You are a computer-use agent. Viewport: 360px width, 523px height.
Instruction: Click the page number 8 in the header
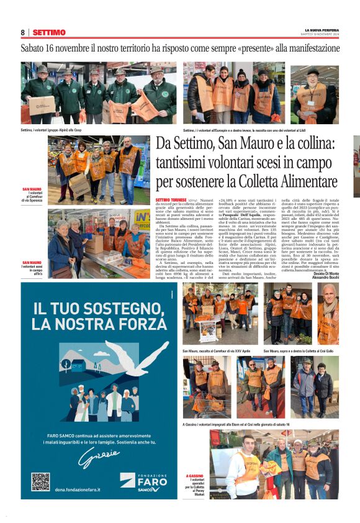tap(22, 32)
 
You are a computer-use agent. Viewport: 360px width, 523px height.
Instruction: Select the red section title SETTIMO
tap(49, 32)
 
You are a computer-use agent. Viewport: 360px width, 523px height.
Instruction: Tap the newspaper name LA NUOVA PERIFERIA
tap(322, 30)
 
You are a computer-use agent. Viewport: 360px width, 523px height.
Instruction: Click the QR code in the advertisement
tap(40, 482)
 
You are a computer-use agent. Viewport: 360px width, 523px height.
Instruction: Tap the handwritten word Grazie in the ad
tap(98, 457)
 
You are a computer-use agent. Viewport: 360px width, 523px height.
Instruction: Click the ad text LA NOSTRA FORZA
tap(92, 324)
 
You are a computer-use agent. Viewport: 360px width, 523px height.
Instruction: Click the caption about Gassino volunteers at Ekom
tap(236, 424)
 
